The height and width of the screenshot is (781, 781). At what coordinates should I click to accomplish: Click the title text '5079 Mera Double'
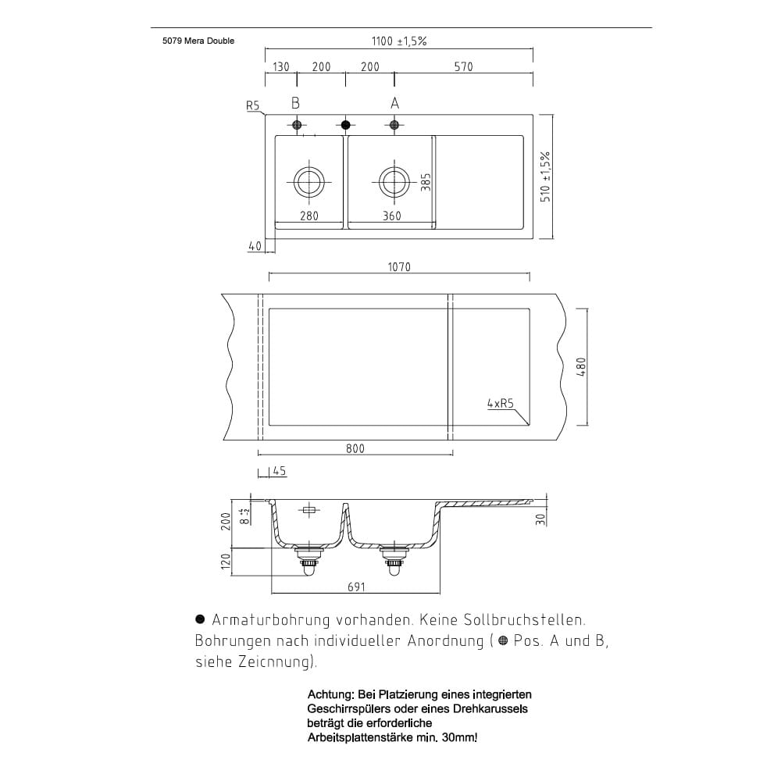coord(193,41)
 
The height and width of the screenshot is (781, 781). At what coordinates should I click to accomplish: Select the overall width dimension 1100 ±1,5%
coord(398,41)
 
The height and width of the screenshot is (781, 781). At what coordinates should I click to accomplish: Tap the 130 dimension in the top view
coord(281,67)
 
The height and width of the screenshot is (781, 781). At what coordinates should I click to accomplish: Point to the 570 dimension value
coord(463,67)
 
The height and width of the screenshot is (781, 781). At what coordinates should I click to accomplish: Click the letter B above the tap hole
coord(296,103)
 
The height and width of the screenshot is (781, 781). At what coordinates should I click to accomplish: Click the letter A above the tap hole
coord(394,103)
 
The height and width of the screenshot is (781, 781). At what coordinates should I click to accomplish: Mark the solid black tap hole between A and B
coord(346,125)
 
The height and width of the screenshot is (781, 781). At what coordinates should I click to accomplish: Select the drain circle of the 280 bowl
coord(309,182)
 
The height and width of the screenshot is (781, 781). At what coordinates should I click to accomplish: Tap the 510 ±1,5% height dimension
coord(546,177)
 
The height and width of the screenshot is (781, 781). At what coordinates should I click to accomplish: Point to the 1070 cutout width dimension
coord(399,267)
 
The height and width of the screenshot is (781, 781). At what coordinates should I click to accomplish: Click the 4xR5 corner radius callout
coord(500,404)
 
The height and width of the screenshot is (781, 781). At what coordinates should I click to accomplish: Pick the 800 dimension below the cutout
coord(355,448)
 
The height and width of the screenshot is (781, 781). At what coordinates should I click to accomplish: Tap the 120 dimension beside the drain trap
coord(226,561)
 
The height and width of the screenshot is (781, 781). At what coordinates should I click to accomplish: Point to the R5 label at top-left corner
coord(252,105)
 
